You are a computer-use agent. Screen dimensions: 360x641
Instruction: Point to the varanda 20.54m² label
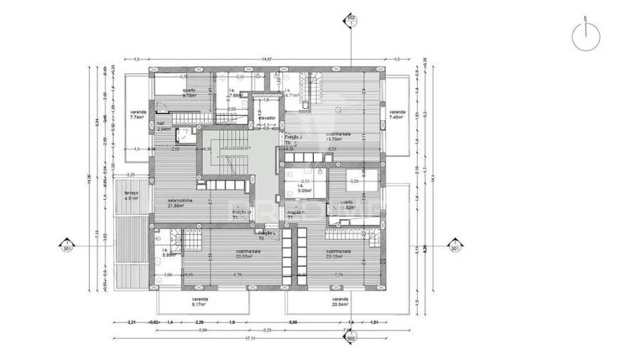click(340, 302)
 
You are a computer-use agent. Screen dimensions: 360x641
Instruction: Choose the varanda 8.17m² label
click(199, 302)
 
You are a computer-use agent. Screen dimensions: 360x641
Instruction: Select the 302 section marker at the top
click(350, 18)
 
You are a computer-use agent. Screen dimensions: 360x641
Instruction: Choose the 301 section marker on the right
click(454, 246)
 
